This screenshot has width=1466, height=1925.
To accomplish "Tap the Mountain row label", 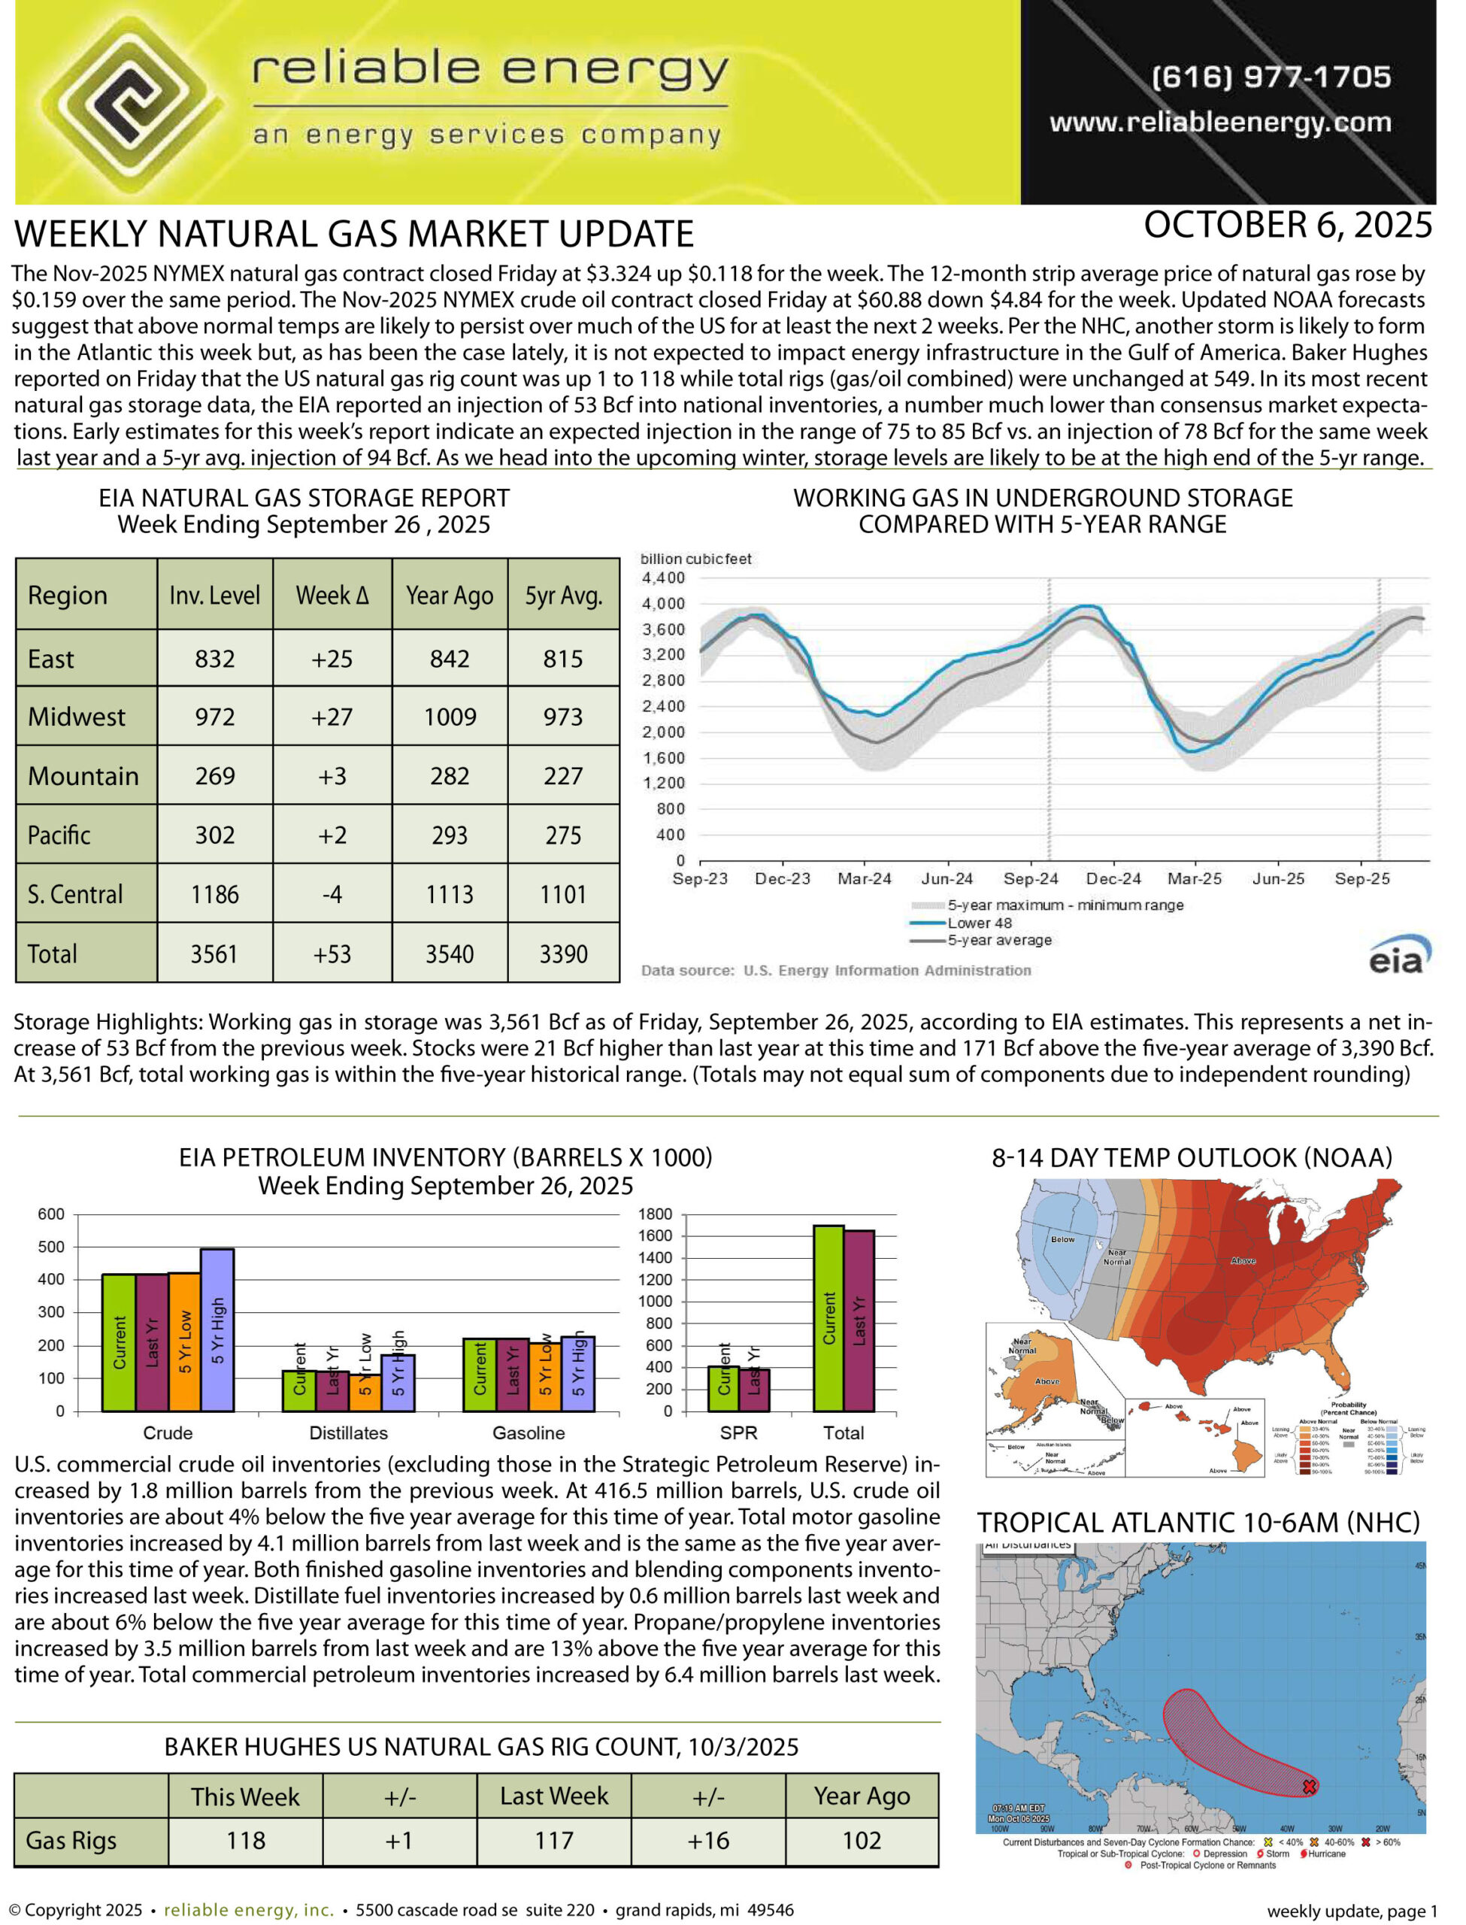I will (83, 776).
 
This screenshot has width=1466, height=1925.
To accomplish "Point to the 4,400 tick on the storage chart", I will (663, 577).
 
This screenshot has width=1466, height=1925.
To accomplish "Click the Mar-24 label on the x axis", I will (864, 879).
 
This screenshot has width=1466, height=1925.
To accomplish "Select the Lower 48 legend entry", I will (979, 923).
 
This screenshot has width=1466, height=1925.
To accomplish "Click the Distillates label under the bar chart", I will (348, 1432).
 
